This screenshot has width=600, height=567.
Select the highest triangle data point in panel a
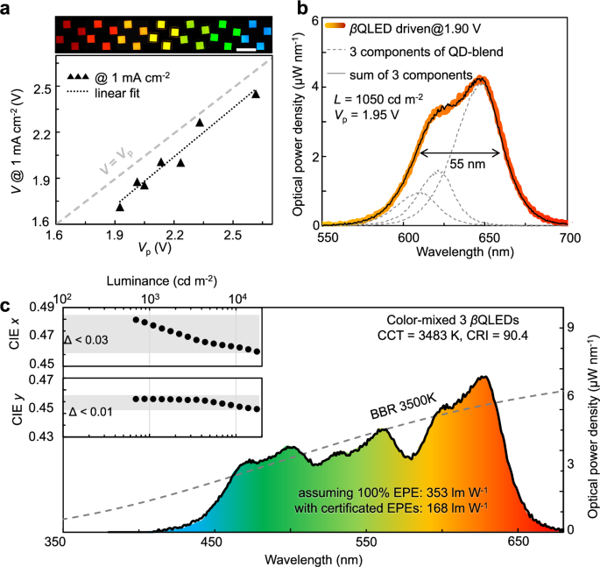point(256,94)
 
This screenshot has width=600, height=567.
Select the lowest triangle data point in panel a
point(120,207)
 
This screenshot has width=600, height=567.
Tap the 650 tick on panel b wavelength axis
point(514,237)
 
